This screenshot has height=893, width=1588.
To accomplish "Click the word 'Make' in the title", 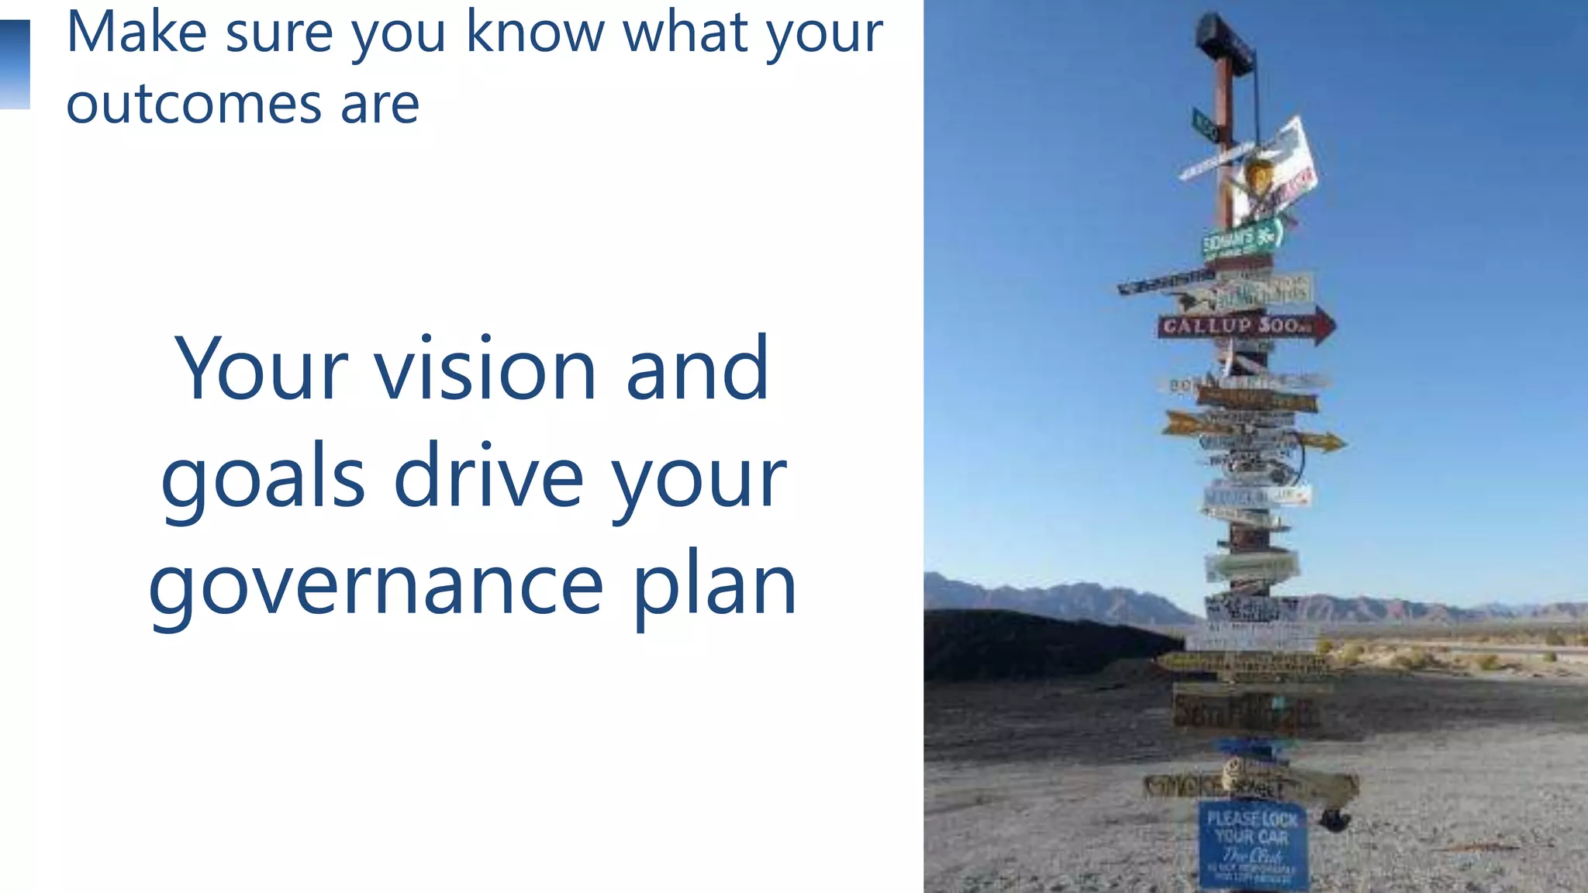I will [136, 33].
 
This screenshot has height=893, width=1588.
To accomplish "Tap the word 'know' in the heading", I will [534, 33].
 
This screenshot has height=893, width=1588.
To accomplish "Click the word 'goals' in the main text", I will [263, 478].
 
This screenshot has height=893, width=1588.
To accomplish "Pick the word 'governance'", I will [375, 587].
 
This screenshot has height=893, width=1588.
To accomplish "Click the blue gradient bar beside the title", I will [15, 64].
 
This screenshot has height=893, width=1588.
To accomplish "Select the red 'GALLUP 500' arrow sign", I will [1241, 326].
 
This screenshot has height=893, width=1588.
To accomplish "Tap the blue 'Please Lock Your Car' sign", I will [1252, 845].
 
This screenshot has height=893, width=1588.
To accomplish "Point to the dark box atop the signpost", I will [1224, 43].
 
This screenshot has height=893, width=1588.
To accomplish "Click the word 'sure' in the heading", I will [278, 33].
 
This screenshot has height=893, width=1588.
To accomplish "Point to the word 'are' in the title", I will [380, 104].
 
